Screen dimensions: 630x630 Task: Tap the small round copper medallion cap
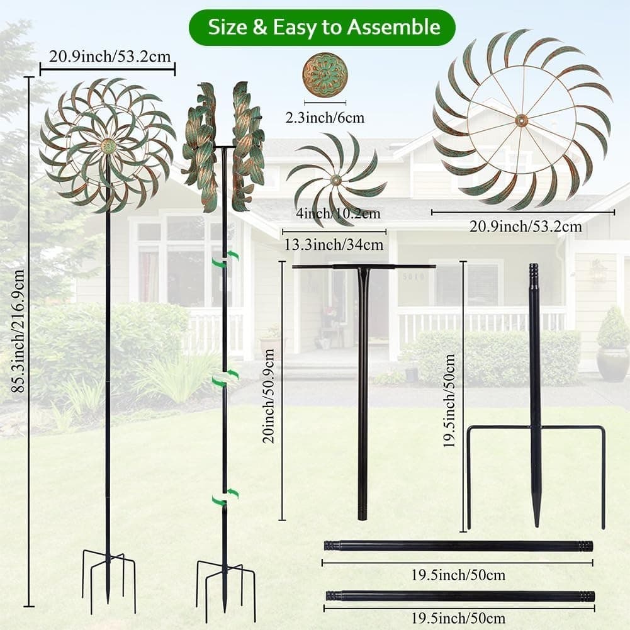pyautogui.click(x=325, y=74)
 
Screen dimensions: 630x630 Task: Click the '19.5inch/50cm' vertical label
pyautogui.click(x=449, y=400)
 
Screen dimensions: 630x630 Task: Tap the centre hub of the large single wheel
pyautogui.click(x=521, y=120)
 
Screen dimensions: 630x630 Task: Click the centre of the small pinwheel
pyautogui.click(x=335, y=181)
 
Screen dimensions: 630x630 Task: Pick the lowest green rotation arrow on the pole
pyautogui.click(x=225, y=498)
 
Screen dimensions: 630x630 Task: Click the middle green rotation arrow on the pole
pyautogui.click(x=225, y=378)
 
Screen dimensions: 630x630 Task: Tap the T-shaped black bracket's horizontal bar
pyautogui.click(x=364, y=267)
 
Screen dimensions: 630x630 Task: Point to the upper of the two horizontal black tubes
pyautogui.click(x=458, y=546)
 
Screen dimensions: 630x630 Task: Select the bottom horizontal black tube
pyautogui.click(x=460, y=595)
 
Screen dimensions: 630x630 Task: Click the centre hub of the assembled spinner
pyautogui.click(x=108, y=146)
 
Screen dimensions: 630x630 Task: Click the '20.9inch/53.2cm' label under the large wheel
pyautogui.click(x=525, y=226)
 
